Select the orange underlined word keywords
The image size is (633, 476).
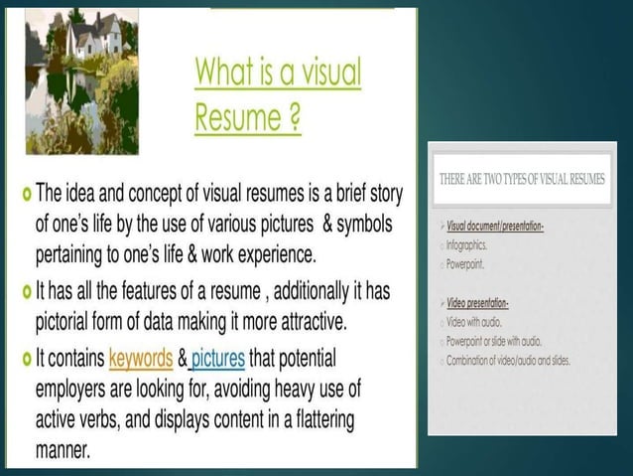(x=145, y=357)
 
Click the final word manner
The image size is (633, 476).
(x=63, y=449)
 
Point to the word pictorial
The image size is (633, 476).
(x=75, y=322)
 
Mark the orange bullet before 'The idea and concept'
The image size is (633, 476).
(x=26, y=191)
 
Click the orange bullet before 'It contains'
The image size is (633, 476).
(x=26, y=357)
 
